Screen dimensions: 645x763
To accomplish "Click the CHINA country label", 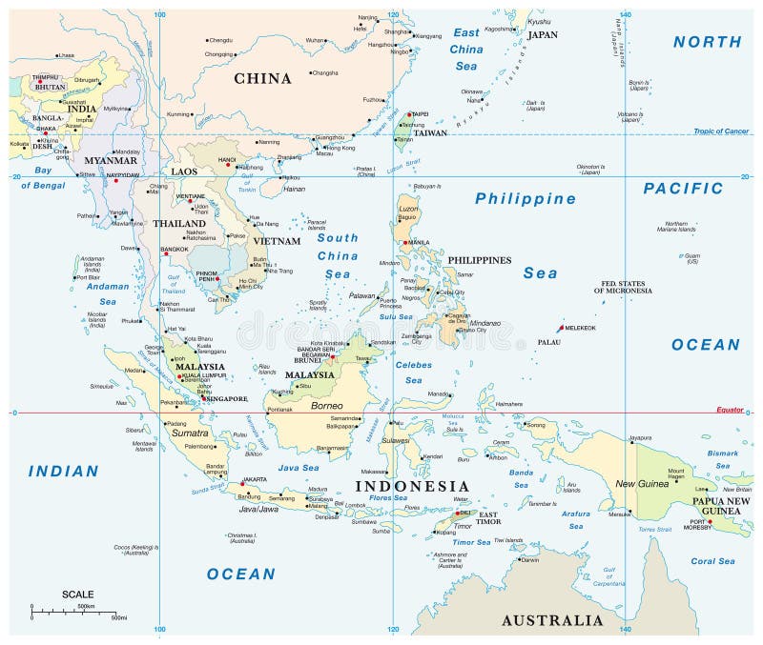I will [262, 78].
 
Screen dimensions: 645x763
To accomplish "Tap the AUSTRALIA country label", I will [553, 620].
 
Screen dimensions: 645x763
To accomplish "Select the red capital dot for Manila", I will [407, 241].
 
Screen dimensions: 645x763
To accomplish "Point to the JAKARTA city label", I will [255, 479].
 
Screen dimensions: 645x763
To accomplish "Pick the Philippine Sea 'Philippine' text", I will [526, 199].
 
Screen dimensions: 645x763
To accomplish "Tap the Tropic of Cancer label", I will [722, 131].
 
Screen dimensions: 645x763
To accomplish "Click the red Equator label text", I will [730, 410].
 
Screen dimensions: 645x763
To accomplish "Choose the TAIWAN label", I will [430, 133].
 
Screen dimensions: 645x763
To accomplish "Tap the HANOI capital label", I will [227, 159].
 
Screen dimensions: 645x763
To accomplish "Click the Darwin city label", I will [530, 560].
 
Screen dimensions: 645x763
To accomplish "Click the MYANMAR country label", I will [113, 160].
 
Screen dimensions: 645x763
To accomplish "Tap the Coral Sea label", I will [712, 561].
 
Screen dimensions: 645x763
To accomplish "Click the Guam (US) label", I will [691, 257].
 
